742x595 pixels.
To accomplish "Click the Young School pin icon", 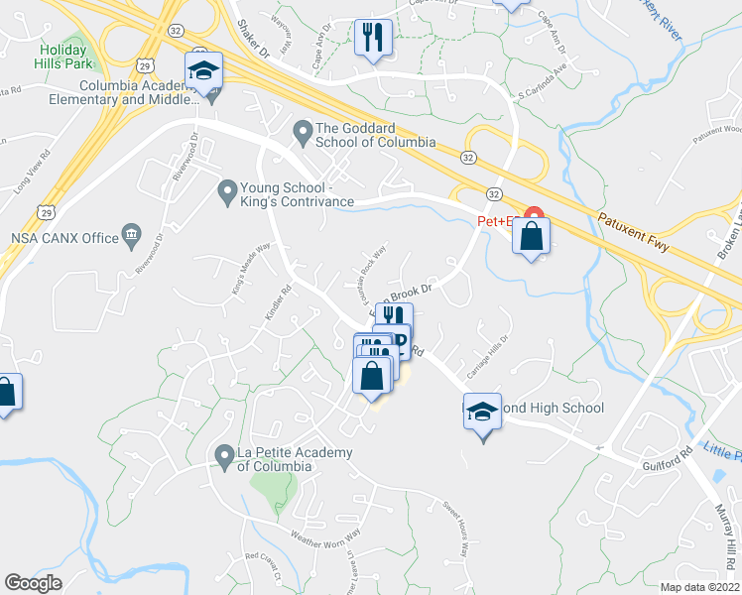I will click(227, 188).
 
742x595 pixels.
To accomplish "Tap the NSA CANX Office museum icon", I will click(130, 236).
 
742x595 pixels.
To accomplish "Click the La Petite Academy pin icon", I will click(224, 454).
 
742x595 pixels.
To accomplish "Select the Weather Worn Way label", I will click(325, 534).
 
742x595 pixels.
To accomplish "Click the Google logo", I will click(32, 583).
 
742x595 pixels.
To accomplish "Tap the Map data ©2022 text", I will click(700, 587).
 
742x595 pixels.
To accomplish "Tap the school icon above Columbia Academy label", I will click(203, 71).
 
